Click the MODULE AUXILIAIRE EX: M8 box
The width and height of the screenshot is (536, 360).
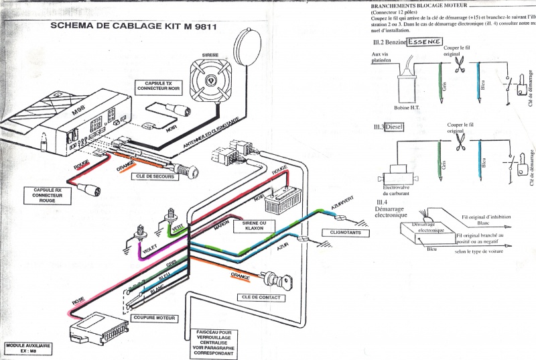(x=26, y=348)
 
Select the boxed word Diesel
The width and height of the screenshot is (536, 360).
(x=392, y=127)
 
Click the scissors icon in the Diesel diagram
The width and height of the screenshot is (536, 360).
(x=460, y=141)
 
